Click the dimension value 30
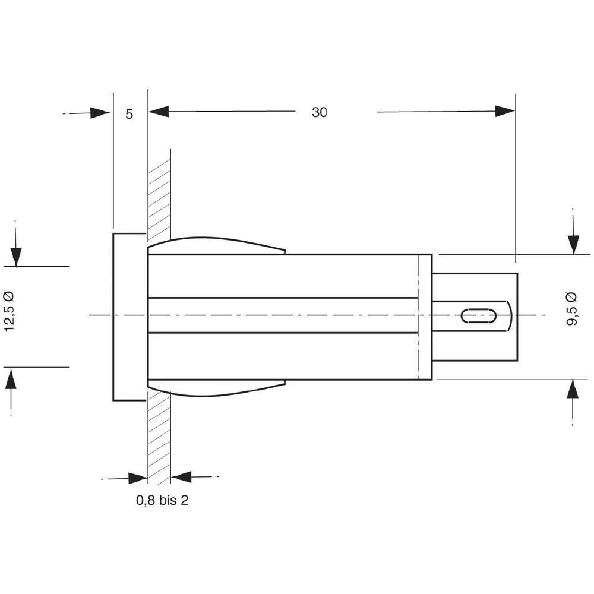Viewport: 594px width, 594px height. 320,112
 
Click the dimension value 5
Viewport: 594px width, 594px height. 129,113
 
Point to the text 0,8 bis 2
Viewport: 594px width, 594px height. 162,501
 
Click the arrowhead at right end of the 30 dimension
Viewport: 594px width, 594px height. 505,111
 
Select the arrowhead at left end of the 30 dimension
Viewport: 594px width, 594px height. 159,111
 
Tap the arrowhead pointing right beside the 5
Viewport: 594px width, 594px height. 100,112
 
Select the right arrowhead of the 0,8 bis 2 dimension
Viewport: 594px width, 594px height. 181,476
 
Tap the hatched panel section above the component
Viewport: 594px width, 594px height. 159,196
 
